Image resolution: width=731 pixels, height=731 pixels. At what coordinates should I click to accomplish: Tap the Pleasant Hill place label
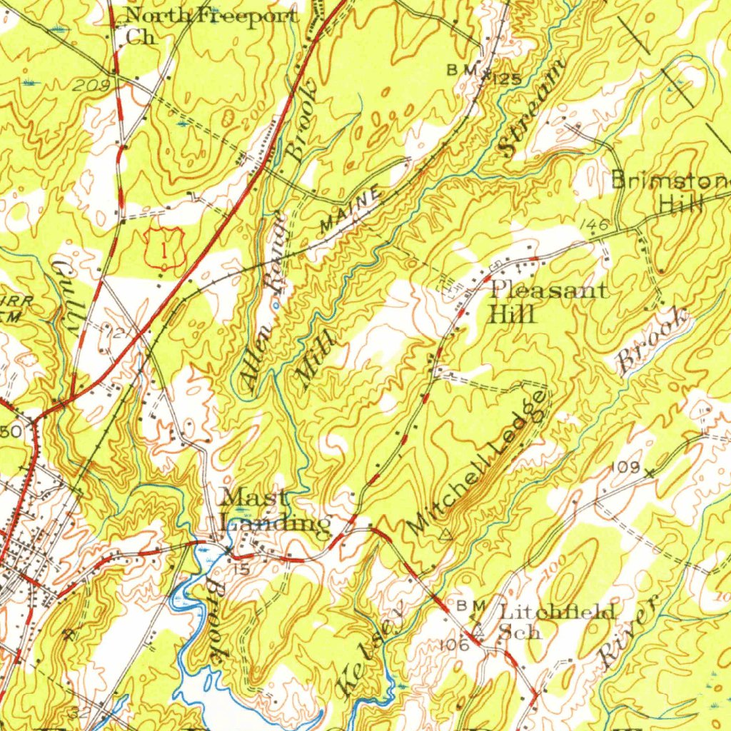(548, 301)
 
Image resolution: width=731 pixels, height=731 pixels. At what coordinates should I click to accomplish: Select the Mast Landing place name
(274, 510)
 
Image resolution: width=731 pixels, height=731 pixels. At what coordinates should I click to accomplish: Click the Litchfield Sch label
(557, 621)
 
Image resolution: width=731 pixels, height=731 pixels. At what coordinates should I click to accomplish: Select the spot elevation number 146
(593, 225)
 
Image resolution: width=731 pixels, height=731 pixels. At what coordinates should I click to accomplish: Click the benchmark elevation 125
(505, 76)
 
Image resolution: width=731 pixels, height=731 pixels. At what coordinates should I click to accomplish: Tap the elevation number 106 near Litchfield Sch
(453, 645)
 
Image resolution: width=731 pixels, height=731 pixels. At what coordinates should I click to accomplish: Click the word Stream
(533, 109)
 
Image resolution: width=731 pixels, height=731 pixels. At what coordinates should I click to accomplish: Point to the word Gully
(65, 293)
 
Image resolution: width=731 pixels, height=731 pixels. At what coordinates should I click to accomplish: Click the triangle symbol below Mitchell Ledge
(448, 533)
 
